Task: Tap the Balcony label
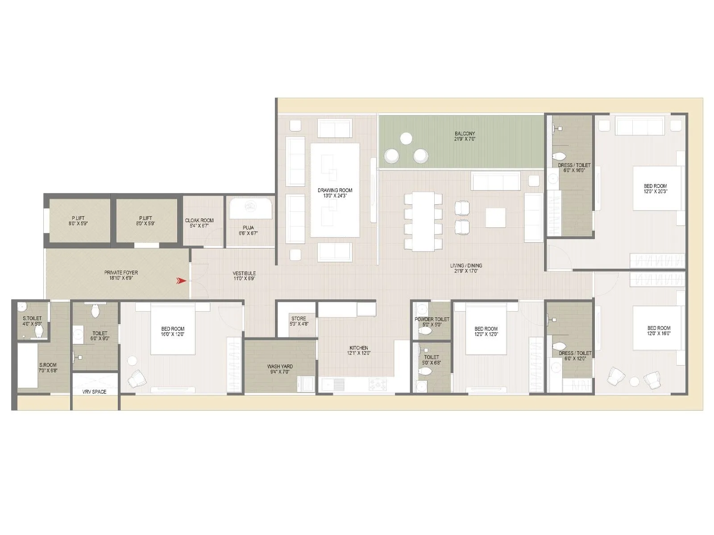click(465, 134)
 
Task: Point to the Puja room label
click(248, 227)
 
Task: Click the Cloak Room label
click(199, 220)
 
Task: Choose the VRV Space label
click(94, 392)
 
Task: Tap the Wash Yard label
click(280, 366)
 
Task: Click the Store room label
click(299, 318)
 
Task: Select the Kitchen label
click(358, 348)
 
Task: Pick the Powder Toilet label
click(432, 319)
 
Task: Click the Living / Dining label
click(466, 266)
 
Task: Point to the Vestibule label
click(244, 273)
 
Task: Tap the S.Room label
click(48, 365)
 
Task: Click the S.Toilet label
click(32, 318)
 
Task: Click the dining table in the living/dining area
click(423, 221)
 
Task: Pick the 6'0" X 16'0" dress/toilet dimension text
click(574, 170)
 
